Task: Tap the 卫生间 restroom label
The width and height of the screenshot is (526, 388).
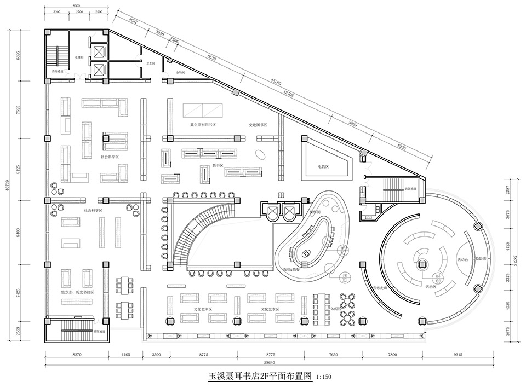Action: (150, 64)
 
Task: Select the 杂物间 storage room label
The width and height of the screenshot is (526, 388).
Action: (180, 72)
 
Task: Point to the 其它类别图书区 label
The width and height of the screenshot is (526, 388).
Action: (202, 125)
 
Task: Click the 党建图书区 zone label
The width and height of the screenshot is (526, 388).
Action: (258, 125)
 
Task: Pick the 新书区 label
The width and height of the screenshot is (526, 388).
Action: (218, 165)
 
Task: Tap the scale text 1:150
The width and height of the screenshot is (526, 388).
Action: (324, 377)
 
